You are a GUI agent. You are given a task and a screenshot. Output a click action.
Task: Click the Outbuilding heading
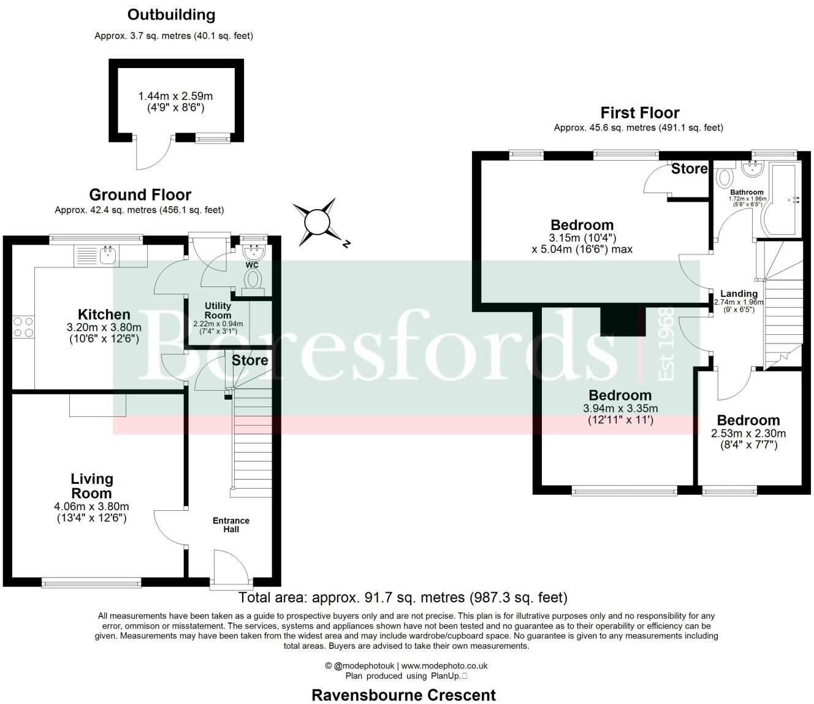171,15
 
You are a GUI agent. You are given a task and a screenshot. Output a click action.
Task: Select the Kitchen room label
104,315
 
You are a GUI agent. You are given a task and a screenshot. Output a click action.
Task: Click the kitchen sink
107,255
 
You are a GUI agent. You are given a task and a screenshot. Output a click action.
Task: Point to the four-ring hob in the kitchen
23,327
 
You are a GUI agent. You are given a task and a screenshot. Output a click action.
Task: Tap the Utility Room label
218,310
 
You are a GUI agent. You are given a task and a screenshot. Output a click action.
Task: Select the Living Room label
92,486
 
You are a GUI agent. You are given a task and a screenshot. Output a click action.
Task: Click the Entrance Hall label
231,525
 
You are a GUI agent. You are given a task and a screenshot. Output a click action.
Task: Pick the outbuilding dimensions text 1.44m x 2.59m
176,96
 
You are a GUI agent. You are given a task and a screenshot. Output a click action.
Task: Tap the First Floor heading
640,113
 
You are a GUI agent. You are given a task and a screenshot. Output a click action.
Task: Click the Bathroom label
747,192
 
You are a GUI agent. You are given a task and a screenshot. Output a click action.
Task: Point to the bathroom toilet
724,177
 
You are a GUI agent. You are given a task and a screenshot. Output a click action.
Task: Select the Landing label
739,294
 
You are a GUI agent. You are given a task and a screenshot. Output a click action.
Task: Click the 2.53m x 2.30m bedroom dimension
748,434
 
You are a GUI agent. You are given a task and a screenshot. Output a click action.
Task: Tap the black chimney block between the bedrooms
623,321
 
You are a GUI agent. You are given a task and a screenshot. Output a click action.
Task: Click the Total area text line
403,598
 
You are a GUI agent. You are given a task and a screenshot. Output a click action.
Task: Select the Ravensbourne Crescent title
404,695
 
